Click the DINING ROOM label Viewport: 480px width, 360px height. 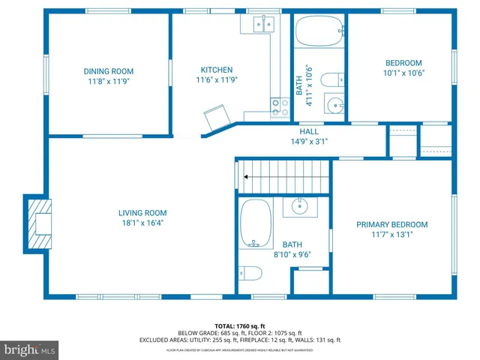click(x=109, y=72)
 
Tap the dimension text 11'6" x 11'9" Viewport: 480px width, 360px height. click(x=217, y=80)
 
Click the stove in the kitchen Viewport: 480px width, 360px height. click(x=280, y=107)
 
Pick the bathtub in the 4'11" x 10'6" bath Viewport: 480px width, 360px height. click(x=318, y=32)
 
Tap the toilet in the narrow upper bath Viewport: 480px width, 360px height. click(x=331, y=79)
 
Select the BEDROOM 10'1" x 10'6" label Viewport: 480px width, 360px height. click(x=403, y=63)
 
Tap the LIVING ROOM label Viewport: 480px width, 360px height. click(x=142, y=212)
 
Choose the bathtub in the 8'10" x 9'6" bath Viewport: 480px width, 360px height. click(x=256, y=223)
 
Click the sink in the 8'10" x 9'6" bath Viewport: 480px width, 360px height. click(x=300, y=205)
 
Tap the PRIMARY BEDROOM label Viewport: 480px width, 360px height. click(x=391, y=224)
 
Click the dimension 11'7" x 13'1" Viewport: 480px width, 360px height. click(x=391, y=234)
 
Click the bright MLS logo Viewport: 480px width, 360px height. click(x=30, y=349)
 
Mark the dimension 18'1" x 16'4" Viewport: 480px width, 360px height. click(x=142, y=222)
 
